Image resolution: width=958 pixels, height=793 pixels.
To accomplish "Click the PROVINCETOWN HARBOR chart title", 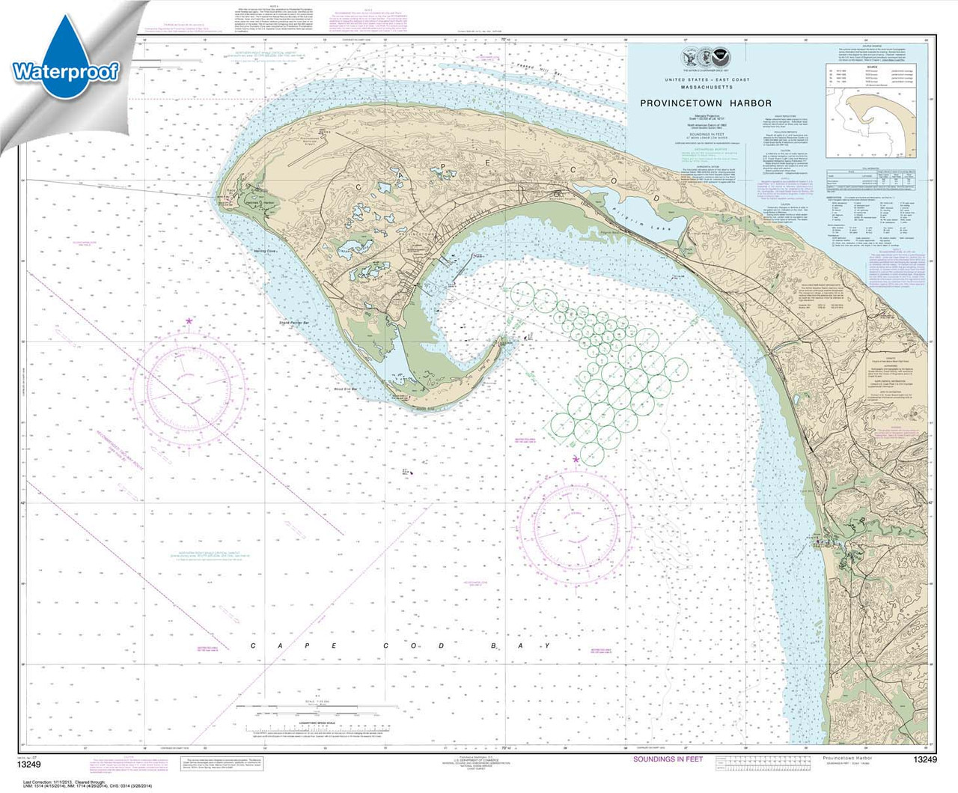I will click(705, 103).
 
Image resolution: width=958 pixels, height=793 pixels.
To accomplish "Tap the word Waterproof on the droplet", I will click(65, 72).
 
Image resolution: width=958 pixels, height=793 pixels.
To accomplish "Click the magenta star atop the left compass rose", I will click(189, 321).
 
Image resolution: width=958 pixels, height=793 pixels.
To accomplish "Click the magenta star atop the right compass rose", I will click(576, 459).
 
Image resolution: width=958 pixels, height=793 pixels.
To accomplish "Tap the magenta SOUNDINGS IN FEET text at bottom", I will click(668, 759).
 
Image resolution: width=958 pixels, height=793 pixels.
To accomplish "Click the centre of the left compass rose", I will click(189, 387).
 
